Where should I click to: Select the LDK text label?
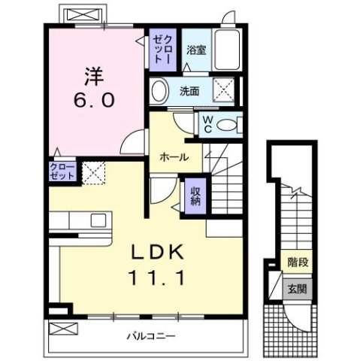pos(158,252)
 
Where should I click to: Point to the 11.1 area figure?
pos(158,277)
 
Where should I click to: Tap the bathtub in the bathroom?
pos(225,50)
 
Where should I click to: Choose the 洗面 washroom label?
pos(189,91)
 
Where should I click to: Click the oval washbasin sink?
pos(159,92)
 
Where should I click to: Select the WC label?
pos(204,123)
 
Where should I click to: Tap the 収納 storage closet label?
pos(194,196)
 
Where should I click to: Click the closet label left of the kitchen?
pos(62,170)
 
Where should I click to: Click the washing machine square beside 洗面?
pos(223,90)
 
